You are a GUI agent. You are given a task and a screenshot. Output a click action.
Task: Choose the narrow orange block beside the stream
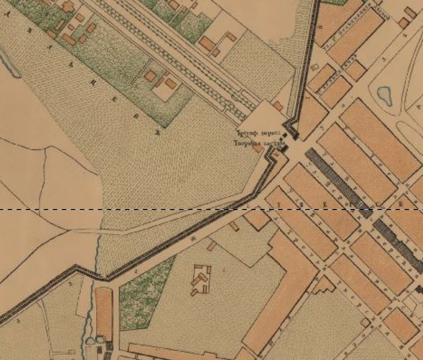tap(104, 313)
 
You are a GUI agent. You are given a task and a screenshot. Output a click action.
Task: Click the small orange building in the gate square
tap(278, 106)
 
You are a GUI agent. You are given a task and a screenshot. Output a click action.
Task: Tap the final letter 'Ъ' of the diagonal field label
tap(157, 132)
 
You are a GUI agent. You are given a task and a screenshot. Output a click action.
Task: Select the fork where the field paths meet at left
tap(68, 230)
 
